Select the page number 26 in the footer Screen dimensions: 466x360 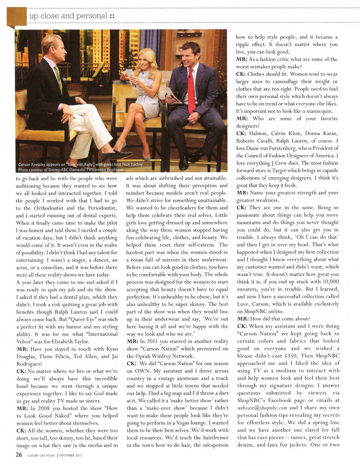tap(19, 455)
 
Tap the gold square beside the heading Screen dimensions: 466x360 tap(17, 16)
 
